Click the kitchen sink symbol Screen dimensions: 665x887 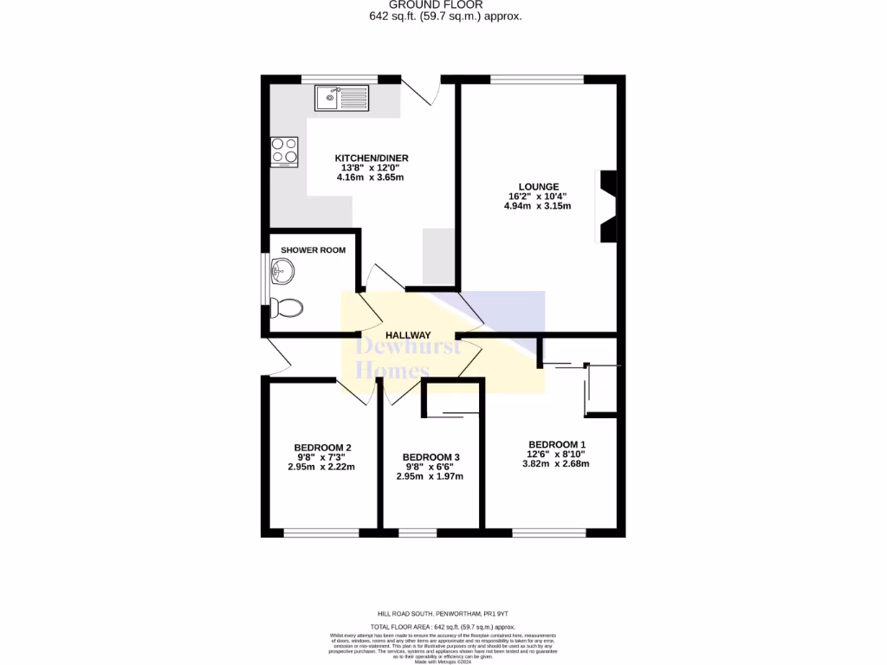pos(342,97)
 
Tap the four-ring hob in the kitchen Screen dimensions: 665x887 pos(285,152)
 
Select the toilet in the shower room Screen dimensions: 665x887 pos(286,307)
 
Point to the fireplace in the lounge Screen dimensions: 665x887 pos(608,207)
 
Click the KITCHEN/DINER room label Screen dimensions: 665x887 pos(372,158)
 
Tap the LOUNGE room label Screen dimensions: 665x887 pos(539,186)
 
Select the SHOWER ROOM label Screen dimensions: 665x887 pos(313,250)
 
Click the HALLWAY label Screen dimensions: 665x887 pos(408,335)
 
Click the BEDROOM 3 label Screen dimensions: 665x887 pos(431,457)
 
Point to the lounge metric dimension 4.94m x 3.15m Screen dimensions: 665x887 pos(537,206)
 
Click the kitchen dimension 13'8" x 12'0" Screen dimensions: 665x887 pos(371,168)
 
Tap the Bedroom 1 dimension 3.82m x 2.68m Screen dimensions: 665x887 pos(555,463)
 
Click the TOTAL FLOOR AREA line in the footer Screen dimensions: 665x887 pos(443,626)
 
